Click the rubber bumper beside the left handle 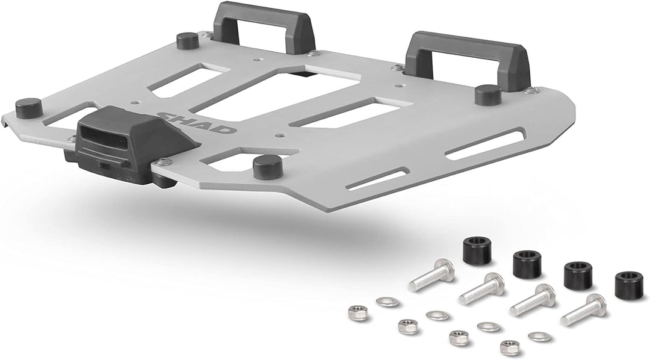[x=188, y=41]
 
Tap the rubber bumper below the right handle [x=487, y=95]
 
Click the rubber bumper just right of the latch [x=268, y=167]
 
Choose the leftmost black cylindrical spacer [x=477, y=251]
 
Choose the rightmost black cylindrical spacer [x=628, y=285]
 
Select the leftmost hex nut [x=359, y=312]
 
